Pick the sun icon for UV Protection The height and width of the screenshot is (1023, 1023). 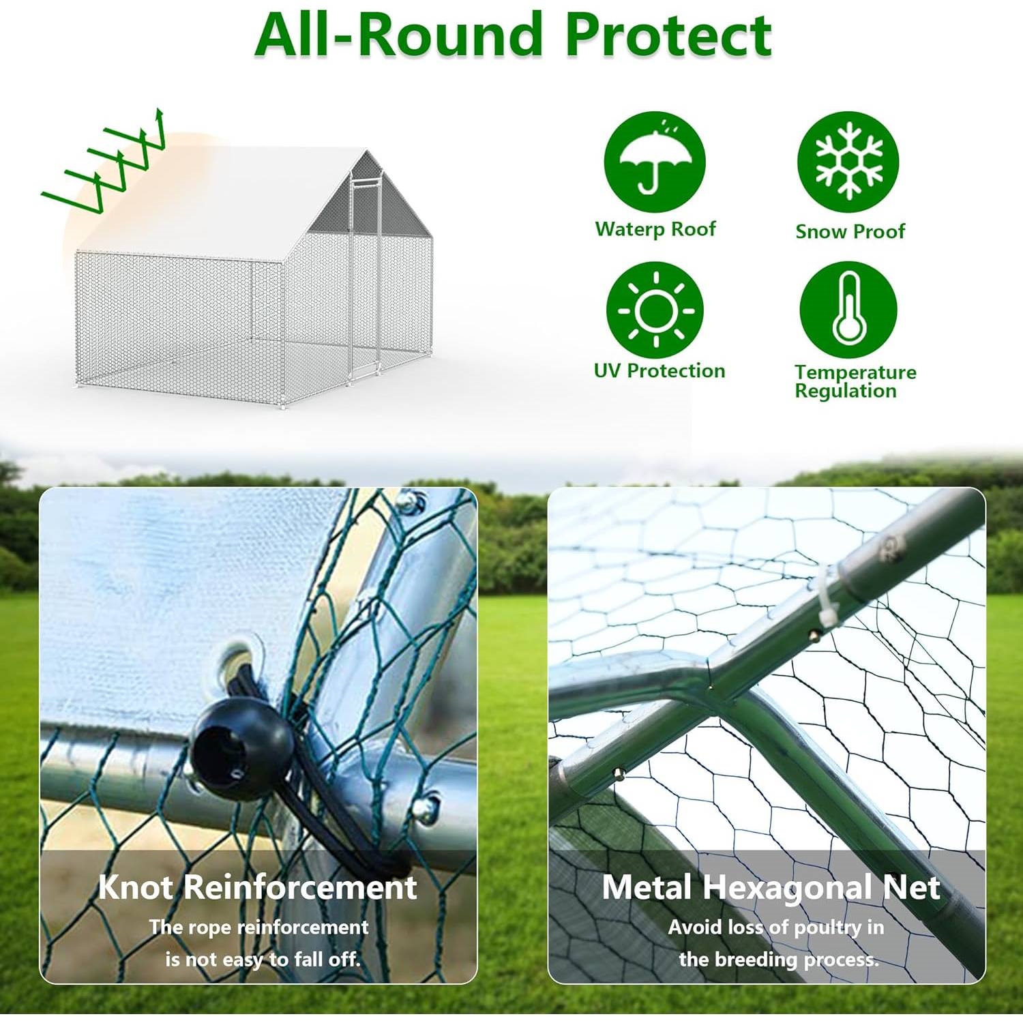click(x=655, y=310)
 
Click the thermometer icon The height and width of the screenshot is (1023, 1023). click(x=848, y=310)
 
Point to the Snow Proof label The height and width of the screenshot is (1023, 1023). click(x=850, y=231)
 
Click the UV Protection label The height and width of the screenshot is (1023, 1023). click(x=659, y=370)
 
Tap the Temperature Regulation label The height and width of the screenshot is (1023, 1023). click(x=855, y=381)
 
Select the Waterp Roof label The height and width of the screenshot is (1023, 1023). click(x=655, y=229)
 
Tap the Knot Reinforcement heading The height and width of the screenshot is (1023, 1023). click(x=257, y=887)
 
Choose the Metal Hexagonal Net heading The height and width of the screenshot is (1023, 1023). click(x=771, y=887)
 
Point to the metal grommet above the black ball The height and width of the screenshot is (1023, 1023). click(x=241, y=655)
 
